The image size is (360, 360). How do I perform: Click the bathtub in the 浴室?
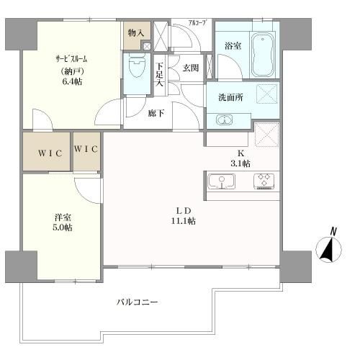[x=263, y=55]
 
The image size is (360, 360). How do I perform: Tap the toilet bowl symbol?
[x=137, y=66]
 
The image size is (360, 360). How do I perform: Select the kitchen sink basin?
[x=222, y=181]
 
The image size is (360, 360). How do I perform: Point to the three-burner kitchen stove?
[x=264, y=181]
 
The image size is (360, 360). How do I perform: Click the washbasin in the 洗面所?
[x=225, y=120]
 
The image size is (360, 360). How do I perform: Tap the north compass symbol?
[x=328, y=247]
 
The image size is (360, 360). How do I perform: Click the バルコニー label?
[x=138, y=302]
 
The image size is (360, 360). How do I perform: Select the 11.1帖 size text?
[x=183, y=221]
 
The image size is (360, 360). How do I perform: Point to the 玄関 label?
[x=191, y=68]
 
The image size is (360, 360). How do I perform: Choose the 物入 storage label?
[x=136, y=33]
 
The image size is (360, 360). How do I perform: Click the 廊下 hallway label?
[x=156, y=113]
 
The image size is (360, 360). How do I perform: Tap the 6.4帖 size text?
[x=72, y=82]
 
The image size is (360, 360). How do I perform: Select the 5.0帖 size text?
[x=63, y=228]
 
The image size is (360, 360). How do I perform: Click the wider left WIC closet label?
[x=50, y=153]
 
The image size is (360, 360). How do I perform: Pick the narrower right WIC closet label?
[x=86, y=149]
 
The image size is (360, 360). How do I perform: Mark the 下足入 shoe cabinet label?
[x=159, y=75]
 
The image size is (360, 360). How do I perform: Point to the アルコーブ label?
[x=197, y=23]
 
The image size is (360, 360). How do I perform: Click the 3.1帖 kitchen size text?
[x=240, y=163]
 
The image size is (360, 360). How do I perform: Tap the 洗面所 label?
[x=230, y=97]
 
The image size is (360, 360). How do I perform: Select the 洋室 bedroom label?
[x=63, y=217]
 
